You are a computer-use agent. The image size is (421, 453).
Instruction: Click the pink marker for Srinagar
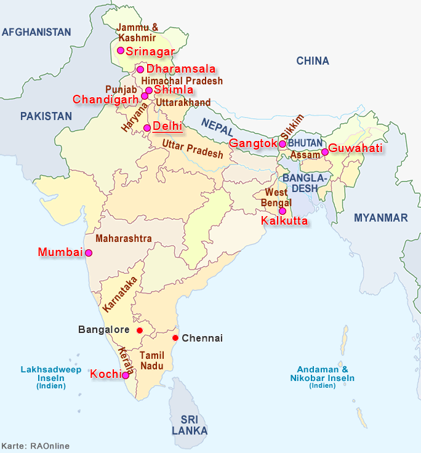pyautogui.click(x=121, y=50)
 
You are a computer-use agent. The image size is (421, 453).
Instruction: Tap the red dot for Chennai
pyautogui.click(x=175, y=338)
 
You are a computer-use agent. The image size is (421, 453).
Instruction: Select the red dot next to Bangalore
pyautogui.click(x=139, y=331)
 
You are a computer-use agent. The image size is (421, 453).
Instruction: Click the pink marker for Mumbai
pyautogui.click(x=89, y=253)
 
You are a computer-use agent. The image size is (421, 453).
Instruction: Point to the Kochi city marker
pyautogui.click(x=126, y=375)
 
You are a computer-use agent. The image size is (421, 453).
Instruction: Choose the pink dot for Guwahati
pyautogui.click(x=324, y=151)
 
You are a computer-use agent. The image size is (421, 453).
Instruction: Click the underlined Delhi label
pyautogui.click(x=167, y=126)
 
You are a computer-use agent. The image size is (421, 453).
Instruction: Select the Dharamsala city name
pyautogui.click(x=181, y=70)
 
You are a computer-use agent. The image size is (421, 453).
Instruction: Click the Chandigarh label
pyautogui.click(x=105, y=99)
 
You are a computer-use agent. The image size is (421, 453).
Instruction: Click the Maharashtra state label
pyautogui.click(x=124, y=238)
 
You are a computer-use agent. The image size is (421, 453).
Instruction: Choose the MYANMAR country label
pyautogui.click(x=380, y=218)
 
